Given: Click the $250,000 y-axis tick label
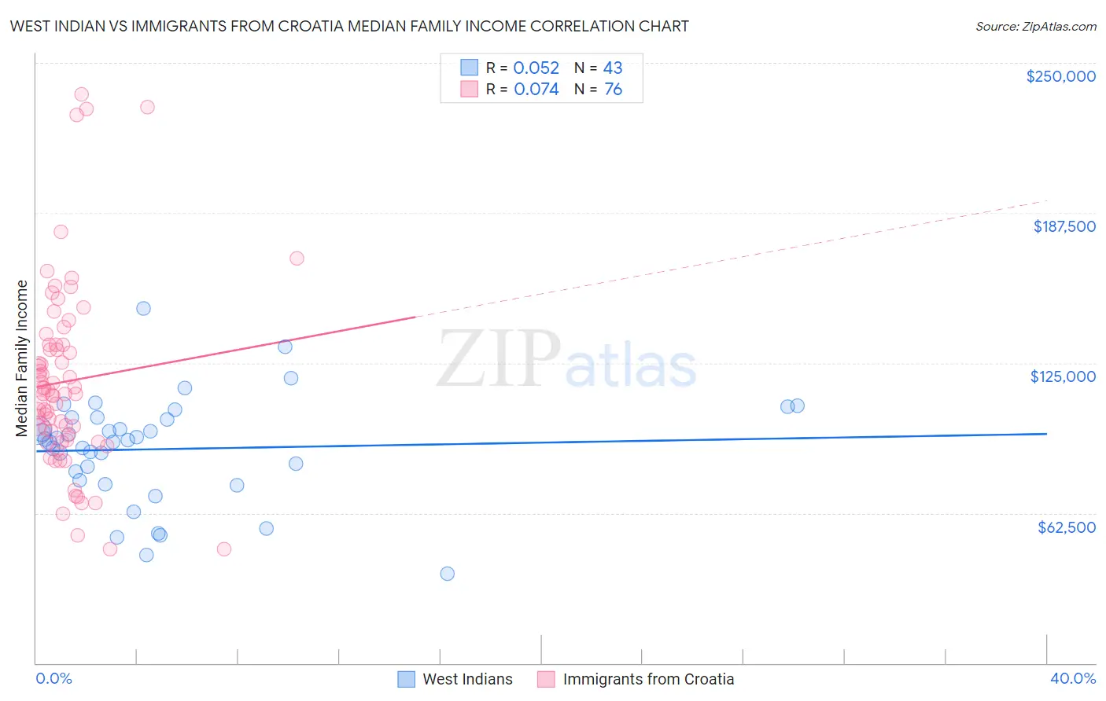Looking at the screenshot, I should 1060,76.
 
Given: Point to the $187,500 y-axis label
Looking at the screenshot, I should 1064,226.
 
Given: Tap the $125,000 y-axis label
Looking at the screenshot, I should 1063,376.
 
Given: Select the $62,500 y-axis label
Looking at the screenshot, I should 1066,527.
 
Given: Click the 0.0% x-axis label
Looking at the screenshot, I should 53,678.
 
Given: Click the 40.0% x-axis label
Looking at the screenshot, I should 1072,678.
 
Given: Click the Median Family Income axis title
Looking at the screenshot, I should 22,358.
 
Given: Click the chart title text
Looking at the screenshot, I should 349,26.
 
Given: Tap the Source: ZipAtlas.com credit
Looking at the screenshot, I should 1035,26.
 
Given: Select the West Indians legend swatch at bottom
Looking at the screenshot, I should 406,679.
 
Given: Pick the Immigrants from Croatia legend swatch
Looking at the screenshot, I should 546,679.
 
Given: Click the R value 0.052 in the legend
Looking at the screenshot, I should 536,68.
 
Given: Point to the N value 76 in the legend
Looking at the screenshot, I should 613,90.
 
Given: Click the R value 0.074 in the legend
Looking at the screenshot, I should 536,90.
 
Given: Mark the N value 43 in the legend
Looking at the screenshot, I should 613,68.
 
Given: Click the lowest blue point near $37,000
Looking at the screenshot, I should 447,574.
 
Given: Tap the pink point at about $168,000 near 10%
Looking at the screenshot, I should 297,259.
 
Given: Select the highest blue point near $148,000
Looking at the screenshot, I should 143,308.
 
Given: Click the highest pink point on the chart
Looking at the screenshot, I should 81,94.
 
